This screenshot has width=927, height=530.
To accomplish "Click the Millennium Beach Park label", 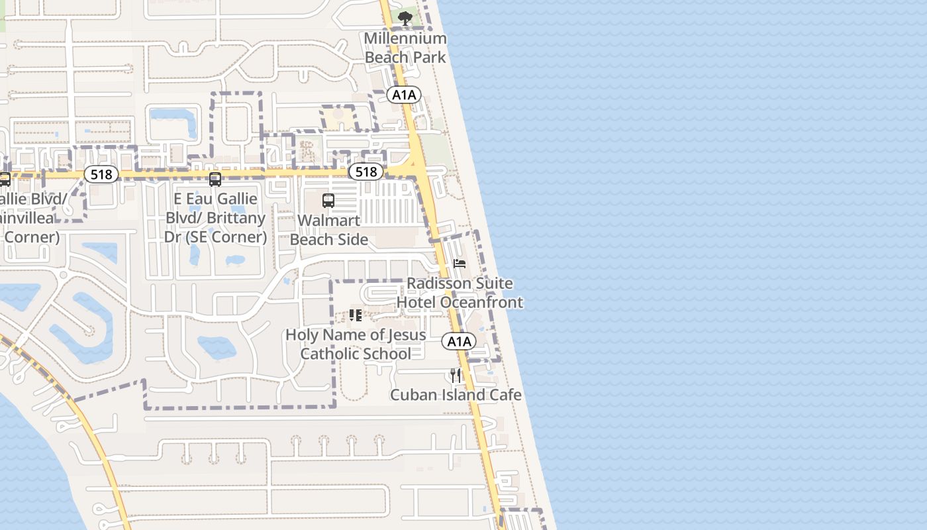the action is [x=405, y=48].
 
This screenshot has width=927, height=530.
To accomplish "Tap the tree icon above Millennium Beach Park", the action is [x=405, y=19].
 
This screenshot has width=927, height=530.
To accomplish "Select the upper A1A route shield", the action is [x=404, y=95].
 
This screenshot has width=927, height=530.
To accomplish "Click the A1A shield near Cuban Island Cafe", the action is [x=459, y=342].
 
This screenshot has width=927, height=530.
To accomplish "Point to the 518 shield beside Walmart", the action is [x=366, y=172].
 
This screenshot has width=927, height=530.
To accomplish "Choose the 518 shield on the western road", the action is [x=101, y=174].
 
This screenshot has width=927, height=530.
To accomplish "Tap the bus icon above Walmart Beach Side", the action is [x=328, y=200].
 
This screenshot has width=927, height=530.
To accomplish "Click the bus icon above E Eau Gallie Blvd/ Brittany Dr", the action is [x=215, y=179].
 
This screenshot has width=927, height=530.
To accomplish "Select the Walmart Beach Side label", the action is [x=329, y=230].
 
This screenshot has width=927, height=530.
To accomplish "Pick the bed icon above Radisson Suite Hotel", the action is [x=460, y=264].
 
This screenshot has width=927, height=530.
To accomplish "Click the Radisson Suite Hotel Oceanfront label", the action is [x=460, y=293].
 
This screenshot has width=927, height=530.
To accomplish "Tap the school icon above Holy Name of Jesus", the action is [x=356, y=315].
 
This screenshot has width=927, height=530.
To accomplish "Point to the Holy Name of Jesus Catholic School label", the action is [x=356, y=344].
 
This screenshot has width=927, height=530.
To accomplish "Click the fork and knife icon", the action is [x=455, y=376].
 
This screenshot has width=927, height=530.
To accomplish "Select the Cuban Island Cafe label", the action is [x=456, y=396].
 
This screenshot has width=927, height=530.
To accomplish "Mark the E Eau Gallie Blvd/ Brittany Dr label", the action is [x=215, y=217].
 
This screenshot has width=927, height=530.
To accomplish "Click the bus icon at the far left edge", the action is [x=4, y=179].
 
